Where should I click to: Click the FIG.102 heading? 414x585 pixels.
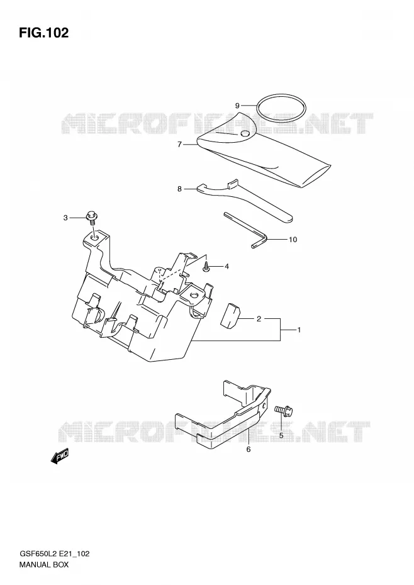(x=43, y=33)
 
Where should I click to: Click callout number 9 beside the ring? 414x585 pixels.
(x=237, y=106)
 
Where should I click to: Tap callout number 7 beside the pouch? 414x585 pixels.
(x=179, y=145)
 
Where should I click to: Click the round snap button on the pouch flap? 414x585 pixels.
(x=245, y=133)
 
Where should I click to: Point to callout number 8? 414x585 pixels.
(x=179, y=189)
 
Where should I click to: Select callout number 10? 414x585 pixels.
(x=293, y=240)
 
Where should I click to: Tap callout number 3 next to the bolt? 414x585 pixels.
(x=65, y=218)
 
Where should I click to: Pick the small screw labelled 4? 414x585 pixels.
(x=206, y=267)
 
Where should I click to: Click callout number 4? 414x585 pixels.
(x=227, y=266)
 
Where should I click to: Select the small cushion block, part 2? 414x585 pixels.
(x=231, y=316)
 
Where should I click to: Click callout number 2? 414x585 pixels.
(x=259, y=319)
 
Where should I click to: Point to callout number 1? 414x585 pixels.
(x=299, y=330)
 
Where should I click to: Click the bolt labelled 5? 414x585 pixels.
(x=284, y=411)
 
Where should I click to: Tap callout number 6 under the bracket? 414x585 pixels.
(x=249, y=450)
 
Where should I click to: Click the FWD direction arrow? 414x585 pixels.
(x=60, y=456)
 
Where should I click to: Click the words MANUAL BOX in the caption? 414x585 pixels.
(x=43, y=564)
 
